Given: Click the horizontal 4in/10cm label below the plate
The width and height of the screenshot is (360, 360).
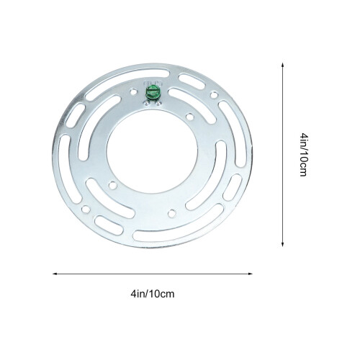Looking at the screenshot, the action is tap(153, 294).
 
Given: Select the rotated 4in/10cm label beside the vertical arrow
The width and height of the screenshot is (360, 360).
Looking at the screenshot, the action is tap(304, 155).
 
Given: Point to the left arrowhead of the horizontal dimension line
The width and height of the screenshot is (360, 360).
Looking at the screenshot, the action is tap(55, 274).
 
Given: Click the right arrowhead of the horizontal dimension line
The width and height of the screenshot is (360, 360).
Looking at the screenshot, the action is tap(251, 274).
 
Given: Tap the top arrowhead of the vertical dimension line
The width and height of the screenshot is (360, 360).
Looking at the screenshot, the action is tap(283, 66).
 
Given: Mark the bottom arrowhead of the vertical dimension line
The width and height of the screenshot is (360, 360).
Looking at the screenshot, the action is tap(283, 244).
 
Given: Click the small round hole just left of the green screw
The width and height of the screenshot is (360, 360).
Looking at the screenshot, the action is tap(132, 91).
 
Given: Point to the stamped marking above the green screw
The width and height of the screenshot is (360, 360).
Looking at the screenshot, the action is tap(153, 84).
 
